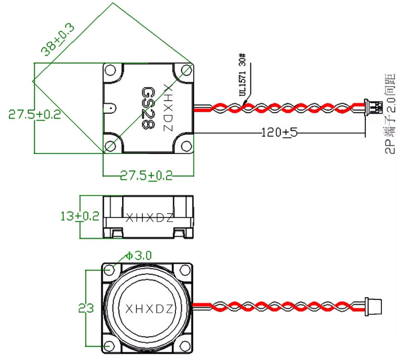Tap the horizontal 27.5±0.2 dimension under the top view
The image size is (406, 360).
click(x=146, y=175)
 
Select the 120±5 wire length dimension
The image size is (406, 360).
click(x=279, y=133)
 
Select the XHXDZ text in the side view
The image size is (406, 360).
click(x=149, y=218)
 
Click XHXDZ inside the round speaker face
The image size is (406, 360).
click(x=149, y=309)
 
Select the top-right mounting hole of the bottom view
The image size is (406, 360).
click(x=184, y=270)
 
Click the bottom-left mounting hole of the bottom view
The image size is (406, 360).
click(x=109, y=346)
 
